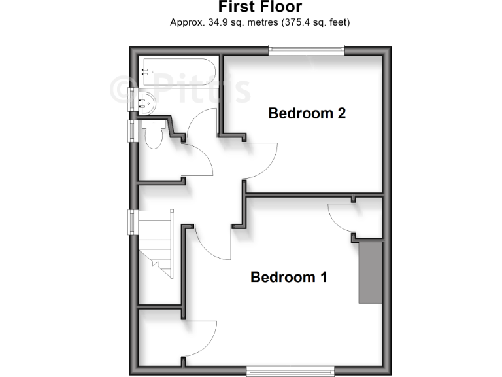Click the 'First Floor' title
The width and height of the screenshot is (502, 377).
point(259,7)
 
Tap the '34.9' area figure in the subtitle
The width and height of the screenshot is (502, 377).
point(216,23)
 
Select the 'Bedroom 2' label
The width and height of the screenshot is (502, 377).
point(307,113)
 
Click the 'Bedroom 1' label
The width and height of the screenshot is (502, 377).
point(288,277)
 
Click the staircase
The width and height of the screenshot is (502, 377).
point(155,242)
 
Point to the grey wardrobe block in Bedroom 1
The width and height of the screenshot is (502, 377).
point(370,272)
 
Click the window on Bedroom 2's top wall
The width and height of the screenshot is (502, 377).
point(307,47)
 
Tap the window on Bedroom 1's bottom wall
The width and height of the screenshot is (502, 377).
point(292,372)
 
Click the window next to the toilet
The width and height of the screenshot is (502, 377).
point(132,130)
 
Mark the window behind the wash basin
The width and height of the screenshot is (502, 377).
point(132,99)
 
